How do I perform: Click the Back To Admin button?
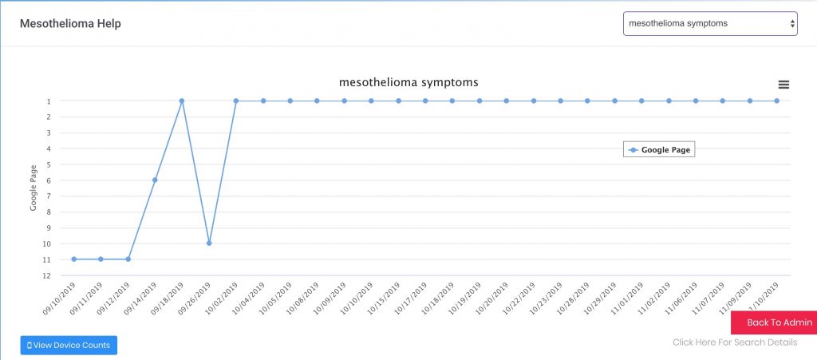point(774,322)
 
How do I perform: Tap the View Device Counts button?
point(69,345)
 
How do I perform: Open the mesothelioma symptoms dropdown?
point(710,23)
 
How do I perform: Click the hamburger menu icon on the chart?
point(783,85)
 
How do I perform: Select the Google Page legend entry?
point(659,150)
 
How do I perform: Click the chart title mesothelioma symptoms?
point(408,82)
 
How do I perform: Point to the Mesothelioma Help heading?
point(70,23)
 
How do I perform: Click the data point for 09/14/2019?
point(155,180)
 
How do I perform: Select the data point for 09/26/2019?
point(209,243)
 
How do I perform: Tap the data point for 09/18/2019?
point(182,101)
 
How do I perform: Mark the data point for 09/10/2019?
point(74,259)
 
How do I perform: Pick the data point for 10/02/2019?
point(236,101)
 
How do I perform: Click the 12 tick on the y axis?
point(47,275)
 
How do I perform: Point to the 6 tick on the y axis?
point(48,180)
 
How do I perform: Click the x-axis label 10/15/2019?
point(385,298)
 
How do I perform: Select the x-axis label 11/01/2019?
point(627,298)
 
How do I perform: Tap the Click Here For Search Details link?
point(735,342)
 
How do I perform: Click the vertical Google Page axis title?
point(34,188)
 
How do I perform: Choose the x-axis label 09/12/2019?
point(114,298)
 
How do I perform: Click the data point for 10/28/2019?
point(587,101)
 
